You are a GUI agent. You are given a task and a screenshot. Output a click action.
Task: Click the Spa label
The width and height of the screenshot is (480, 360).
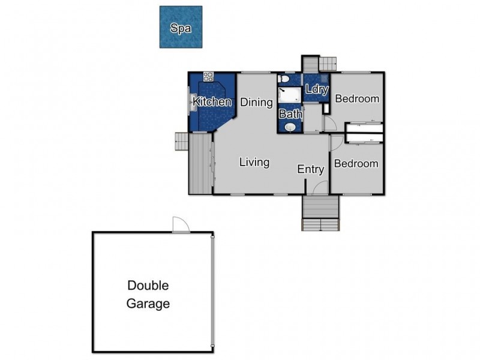click(180, 28)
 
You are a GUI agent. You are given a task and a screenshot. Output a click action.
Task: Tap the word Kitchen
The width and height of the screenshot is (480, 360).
click(212, 102)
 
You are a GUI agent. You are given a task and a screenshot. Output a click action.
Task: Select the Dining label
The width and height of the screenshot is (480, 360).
click(257, 102)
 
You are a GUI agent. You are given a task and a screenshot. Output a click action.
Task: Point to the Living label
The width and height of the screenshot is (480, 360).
click(254, 162)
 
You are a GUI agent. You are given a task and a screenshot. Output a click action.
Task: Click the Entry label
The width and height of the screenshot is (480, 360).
click(311, 170)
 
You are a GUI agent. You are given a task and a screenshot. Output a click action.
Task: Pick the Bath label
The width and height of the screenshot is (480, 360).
click(290, 113)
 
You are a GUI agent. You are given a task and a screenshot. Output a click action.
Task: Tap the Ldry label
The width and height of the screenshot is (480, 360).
click(316, 90)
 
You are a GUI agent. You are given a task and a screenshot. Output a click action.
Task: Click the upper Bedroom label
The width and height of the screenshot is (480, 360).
click(357, 98)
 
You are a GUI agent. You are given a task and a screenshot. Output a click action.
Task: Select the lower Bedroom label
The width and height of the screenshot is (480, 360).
click(356, 163)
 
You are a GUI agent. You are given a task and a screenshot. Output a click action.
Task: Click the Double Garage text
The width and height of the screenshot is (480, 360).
click(148, 295)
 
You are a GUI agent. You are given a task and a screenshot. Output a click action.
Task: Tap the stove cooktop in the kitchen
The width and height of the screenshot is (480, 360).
click(208, 76)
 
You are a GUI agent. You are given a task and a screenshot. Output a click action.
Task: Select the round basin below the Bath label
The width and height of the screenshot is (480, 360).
click(290, 127)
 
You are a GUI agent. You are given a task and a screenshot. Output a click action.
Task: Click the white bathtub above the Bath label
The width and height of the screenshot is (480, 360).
click(290, 95)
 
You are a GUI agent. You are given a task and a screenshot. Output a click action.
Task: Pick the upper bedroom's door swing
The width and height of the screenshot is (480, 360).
click(329, 123)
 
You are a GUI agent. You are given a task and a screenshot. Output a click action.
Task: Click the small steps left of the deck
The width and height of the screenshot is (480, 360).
click(181, 142)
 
